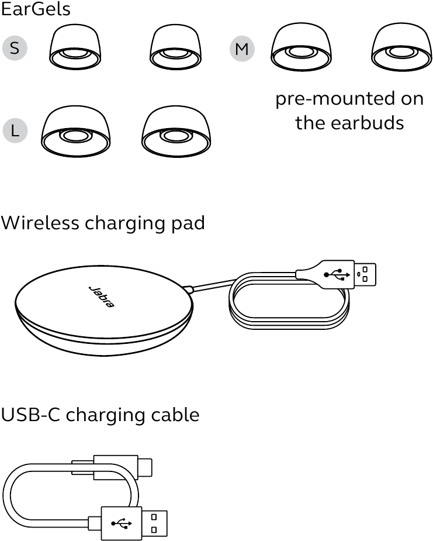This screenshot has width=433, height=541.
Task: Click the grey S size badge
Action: pos(15,49)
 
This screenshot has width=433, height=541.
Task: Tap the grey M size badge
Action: pos(241,49)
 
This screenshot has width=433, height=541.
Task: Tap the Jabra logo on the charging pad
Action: pos(101,297)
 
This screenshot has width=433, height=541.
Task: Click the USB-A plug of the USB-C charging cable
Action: pos(134,522)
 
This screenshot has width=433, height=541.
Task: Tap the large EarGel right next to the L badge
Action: pos(75,132)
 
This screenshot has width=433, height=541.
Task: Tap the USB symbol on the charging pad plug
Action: pos(337,274)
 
